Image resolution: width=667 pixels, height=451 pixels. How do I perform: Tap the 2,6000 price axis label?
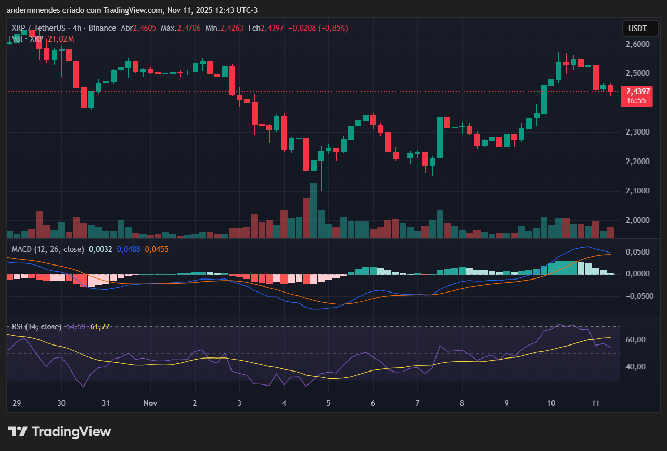pos(638,45)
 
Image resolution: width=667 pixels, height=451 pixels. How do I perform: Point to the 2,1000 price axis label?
pos(638,191)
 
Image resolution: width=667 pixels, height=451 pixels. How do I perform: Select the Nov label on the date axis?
pos(150,403)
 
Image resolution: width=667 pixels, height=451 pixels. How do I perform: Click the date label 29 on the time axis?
pos(16,403)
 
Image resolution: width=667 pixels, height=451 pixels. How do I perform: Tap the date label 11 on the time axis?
pos(596,403)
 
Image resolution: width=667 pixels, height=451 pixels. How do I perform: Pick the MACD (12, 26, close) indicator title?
pos(48,249)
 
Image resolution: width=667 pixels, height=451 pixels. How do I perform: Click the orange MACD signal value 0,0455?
pos(156,249)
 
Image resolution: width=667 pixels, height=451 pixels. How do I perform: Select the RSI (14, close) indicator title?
pos(36,327)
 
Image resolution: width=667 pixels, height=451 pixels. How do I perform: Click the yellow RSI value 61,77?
pos(100,327)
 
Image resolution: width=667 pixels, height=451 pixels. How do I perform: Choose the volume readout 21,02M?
pos(61,39)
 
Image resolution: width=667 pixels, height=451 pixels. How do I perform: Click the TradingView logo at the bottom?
pos(59,432)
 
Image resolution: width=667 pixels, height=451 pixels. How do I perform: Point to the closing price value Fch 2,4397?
pos(272,28)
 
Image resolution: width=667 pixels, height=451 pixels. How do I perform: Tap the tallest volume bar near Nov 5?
pos(313,211)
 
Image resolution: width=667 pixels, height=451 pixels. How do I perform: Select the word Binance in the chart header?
pos(103,28)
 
